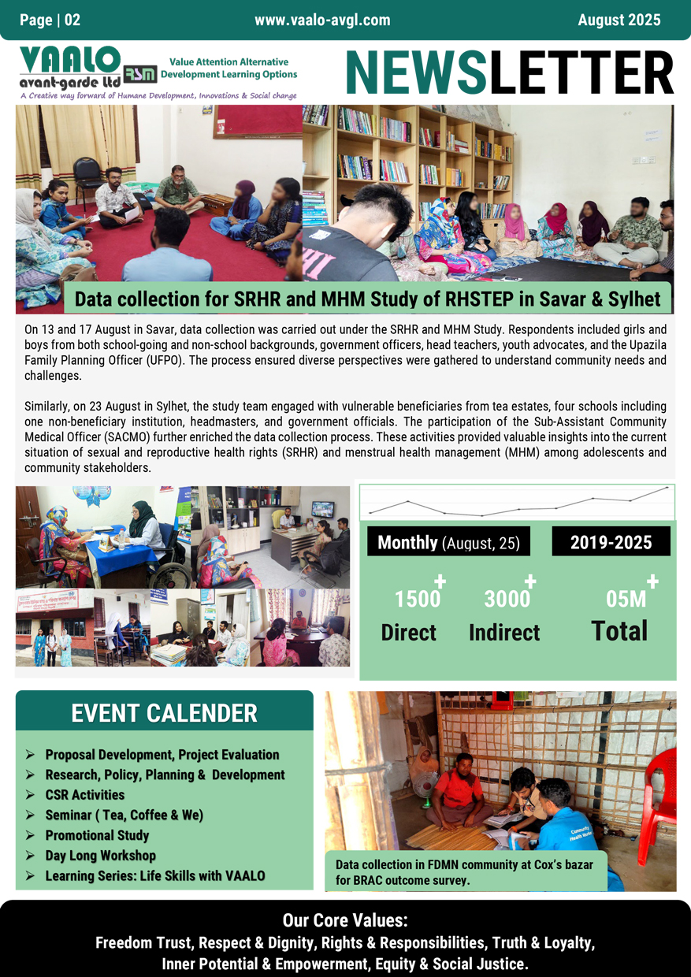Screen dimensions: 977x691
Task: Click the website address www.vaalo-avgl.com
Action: pyautogui.click(x=322, y=20)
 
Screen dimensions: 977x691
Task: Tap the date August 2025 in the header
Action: pyautogui.click(x=619, y=20)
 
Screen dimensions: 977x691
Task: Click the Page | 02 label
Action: pyautogui.click(x=50, y=20)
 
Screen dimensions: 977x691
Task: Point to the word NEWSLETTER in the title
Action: pyautogui.click(x=509, y=73)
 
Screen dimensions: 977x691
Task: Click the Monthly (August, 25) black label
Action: pyautogui.click(x=448, y=542)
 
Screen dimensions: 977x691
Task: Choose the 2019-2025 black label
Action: pyautogui.click(x=611, y=542)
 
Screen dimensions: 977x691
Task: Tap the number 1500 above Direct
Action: pyautogui.click(x=417, y=600)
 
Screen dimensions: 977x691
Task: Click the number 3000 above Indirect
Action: pyautogui.click(x=507, y=600)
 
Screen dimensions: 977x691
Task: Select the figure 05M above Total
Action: pyautogui.click(x=626, y=600)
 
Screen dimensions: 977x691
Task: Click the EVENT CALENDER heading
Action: pyautogui.click(x=164, y=713)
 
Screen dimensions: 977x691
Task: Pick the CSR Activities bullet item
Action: pyautogui.click(x=85, y=795)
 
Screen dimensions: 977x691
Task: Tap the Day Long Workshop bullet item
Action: pyautogui.click(x=100, y=856)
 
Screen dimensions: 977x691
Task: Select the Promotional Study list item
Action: pyautogui.click(x=97, y=835)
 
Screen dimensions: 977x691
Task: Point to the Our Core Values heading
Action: pyautogui.click(x=345, y=921)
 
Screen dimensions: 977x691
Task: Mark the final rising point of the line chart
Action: pyautogui.click(x=667, y=488)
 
